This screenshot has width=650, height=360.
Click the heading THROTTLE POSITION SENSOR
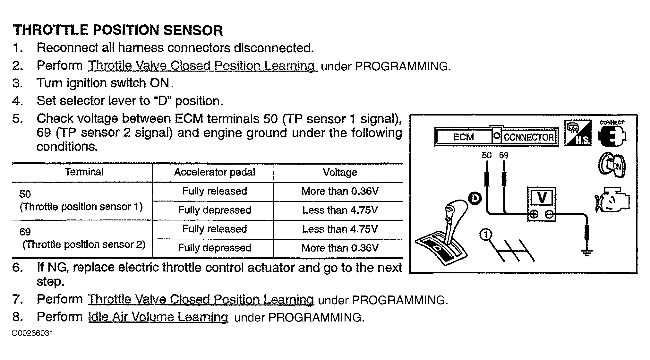pos(118,30)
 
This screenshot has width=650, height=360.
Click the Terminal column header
pos(84,172)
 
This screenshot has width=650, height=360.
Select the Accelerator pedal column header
pos(214,172)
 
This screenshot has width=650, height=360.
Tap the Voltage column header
pos(340,172)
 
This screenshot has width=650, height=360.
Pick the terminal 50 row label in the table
pos(81,200)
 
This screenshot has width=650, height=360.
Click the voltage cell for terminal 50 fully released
pos(340,191)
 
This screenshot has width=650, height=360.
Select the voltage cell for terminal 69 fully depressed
pos(340,248)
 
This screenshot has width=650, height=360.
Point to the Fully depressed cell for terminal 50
pos(214,210)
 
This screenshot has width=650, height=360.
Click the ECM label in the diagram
pos(463,137)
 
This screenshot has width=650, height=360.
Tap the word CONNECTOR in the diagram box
pos(529,137)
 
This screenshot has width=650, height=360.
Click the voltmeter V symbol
pos(542,197)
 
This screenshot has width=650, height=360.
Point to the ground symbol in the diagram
pos(587,253)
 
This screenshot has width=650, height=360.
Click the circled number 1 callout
pos(486,235)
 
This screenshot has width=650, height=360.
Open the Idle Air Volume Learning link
pos(158,317)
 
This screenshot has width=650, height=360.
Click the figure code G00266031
pos(32,333)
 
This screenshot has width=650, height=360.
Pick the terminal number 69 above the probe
pos(503,155)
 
